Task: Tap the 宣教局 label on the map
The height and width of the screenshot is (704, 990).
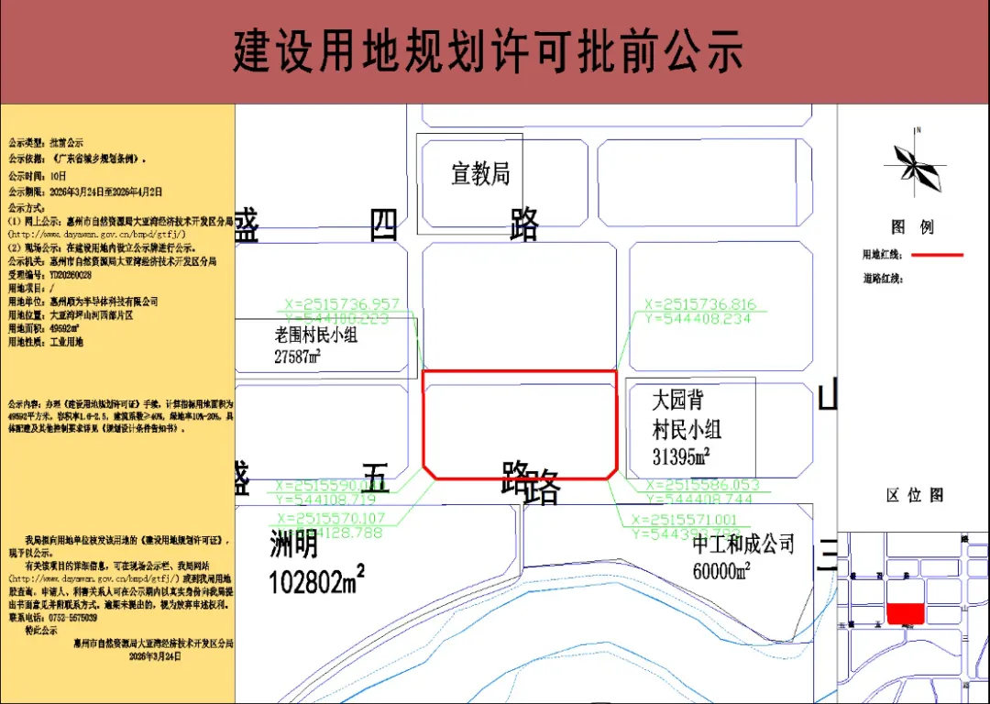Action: [x=480, y=173]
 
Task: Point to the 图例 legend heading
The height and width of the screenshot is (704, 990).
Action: [x=912, y=227]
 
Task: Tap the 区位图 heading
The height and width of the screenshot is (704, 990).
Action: [x=915, y=495]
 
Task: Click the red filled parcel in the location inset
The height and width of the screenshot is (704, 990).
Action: [x=906, y=614]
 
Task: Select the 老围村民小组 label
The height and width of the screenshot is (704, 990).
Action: [x=316, y=335]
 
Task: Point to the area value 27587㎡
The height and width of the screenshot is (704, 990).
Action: [x=297, y=357]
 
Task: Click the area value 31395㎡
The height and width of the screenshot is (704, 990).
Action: [x=682, y=456]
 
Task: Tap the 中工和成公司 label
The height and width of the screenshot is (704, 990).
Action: [x=743, y=544]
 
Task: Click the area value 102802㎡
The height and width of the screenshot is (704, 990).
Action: [x=317, y=579]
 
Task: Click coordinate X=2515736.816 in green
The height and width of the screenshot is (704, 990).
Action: [x=700, y=304]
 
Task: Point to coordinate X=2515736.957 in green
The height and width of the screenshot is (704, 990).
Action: [x=343, y=304]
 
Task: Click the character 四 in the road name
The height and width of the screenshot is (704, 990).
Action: [x=384, y=225]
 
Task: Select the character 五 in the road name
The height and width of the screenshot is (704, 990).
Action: [x=375, y=478]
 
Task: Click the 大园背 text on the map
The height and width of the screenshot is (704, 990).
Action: [x=678, y=401]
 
